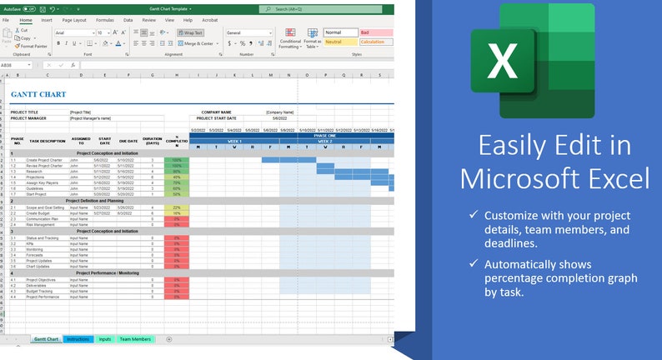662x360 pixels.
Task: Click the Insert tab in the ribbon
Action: click(x=47, y=19)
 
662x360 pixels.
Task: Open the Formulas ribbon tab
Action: click(x=104, y=19)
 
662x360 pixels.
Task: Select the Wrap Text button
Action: click(x=190, y=32)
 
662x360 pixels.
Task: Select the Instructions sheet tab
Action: click(x=78, y=339)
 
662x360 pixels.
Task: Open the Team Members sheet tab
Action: click(x=136, y=339)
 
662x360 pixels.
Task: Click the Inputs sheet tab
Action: click(x=105, y=339)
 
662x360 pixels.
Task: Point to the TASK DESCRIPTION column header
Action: click(x=46, y=141)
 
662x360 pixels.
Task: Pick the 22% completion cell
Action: click(x=177, y=207)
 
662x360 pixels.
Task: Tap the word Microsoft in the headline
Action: click(x=533, y=177)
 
